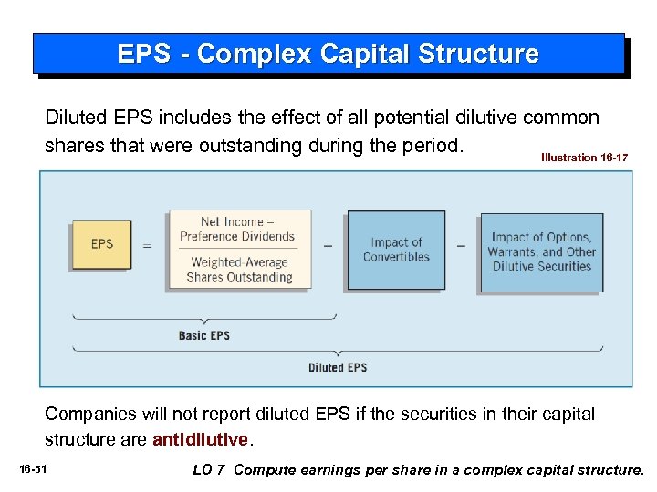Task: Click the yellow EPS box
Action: coord(101,244)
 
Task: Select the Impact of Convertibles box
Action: coord(395,250)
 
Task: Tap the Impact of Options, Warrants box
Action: coord(542,251)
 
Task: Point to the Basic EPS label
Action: coord(204,335)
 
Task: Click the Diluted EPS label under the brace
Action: coord(338,367)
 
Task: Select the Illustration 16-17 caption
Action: coord(584,158)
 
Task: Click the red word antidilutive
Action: coord(200,439)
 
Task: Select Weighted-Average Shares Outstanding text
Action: coord(238,270)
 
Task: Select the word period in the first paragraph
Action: coord(433,145)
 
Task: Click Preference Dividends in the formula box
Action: coord(237,236)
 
